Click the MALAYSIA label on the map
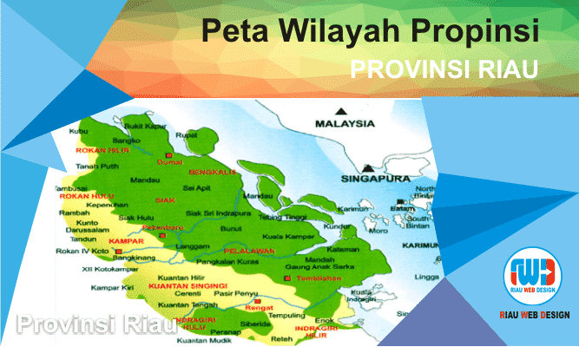click(344, 124)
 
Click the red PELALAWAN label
click(243, 251)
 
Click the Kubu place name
click(79, 131)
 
